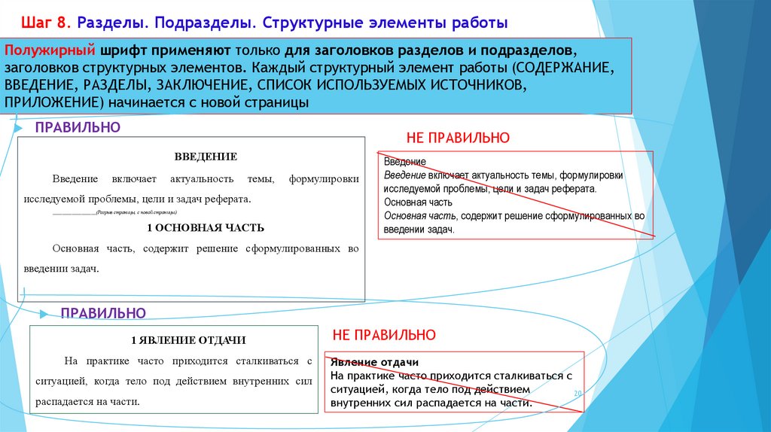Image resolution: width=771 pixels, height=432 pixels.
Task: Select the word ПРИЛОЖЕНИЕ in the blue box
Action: pyautogui.click(x=53, y=102)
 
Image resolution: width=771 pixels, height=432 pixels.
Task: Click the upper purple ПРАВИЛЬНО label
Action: pyautogui.click(x=78, y=127)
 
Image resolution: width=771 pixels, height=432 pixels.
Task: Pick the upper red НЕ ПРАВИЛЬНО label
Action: pyautogui.click(x=458, y=138)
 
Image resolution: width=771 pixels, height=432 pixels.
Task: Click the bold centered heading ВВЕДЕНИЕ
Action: pyautogui.click(x=206, y=157)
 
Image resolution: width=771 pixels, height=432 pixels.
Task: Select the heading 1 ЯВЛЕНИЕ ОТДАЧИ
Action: pyautogui.click(x=188, y=340)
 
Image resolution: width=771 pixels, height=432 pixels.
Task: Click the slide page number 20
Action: pyautogui.click(x=578, y=394)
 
